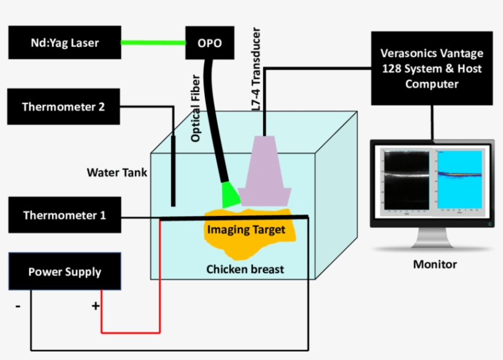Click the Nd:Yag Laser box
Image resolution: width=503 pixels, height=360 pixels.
64,43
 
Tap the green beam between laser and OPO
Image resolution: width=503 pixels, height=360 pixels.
153,43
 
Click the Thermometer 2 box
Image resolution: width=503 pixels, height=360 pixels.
63,107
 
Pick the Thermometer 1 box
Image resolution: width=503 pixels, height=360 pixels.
64,215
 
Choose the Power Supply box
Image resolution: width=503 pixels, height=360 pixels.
64,272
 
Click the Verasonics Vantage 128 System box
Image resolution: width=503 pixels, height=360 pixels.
431,69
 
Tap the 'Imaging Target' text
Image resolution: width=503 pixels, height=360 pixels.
246,231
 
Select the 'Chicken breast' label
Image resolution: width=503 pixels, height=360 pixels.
245,269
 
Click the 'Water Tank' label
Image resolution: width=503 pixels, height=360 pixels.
117,173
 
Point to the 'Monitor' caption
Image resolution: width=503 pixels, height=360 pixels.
434,265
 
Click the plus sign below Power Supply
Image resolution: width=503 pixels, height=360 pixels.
96,305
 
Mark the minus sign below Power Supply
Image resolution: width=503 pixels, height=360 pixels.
17,305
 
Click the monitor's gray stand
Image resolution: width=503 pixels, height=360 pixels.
434,237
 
